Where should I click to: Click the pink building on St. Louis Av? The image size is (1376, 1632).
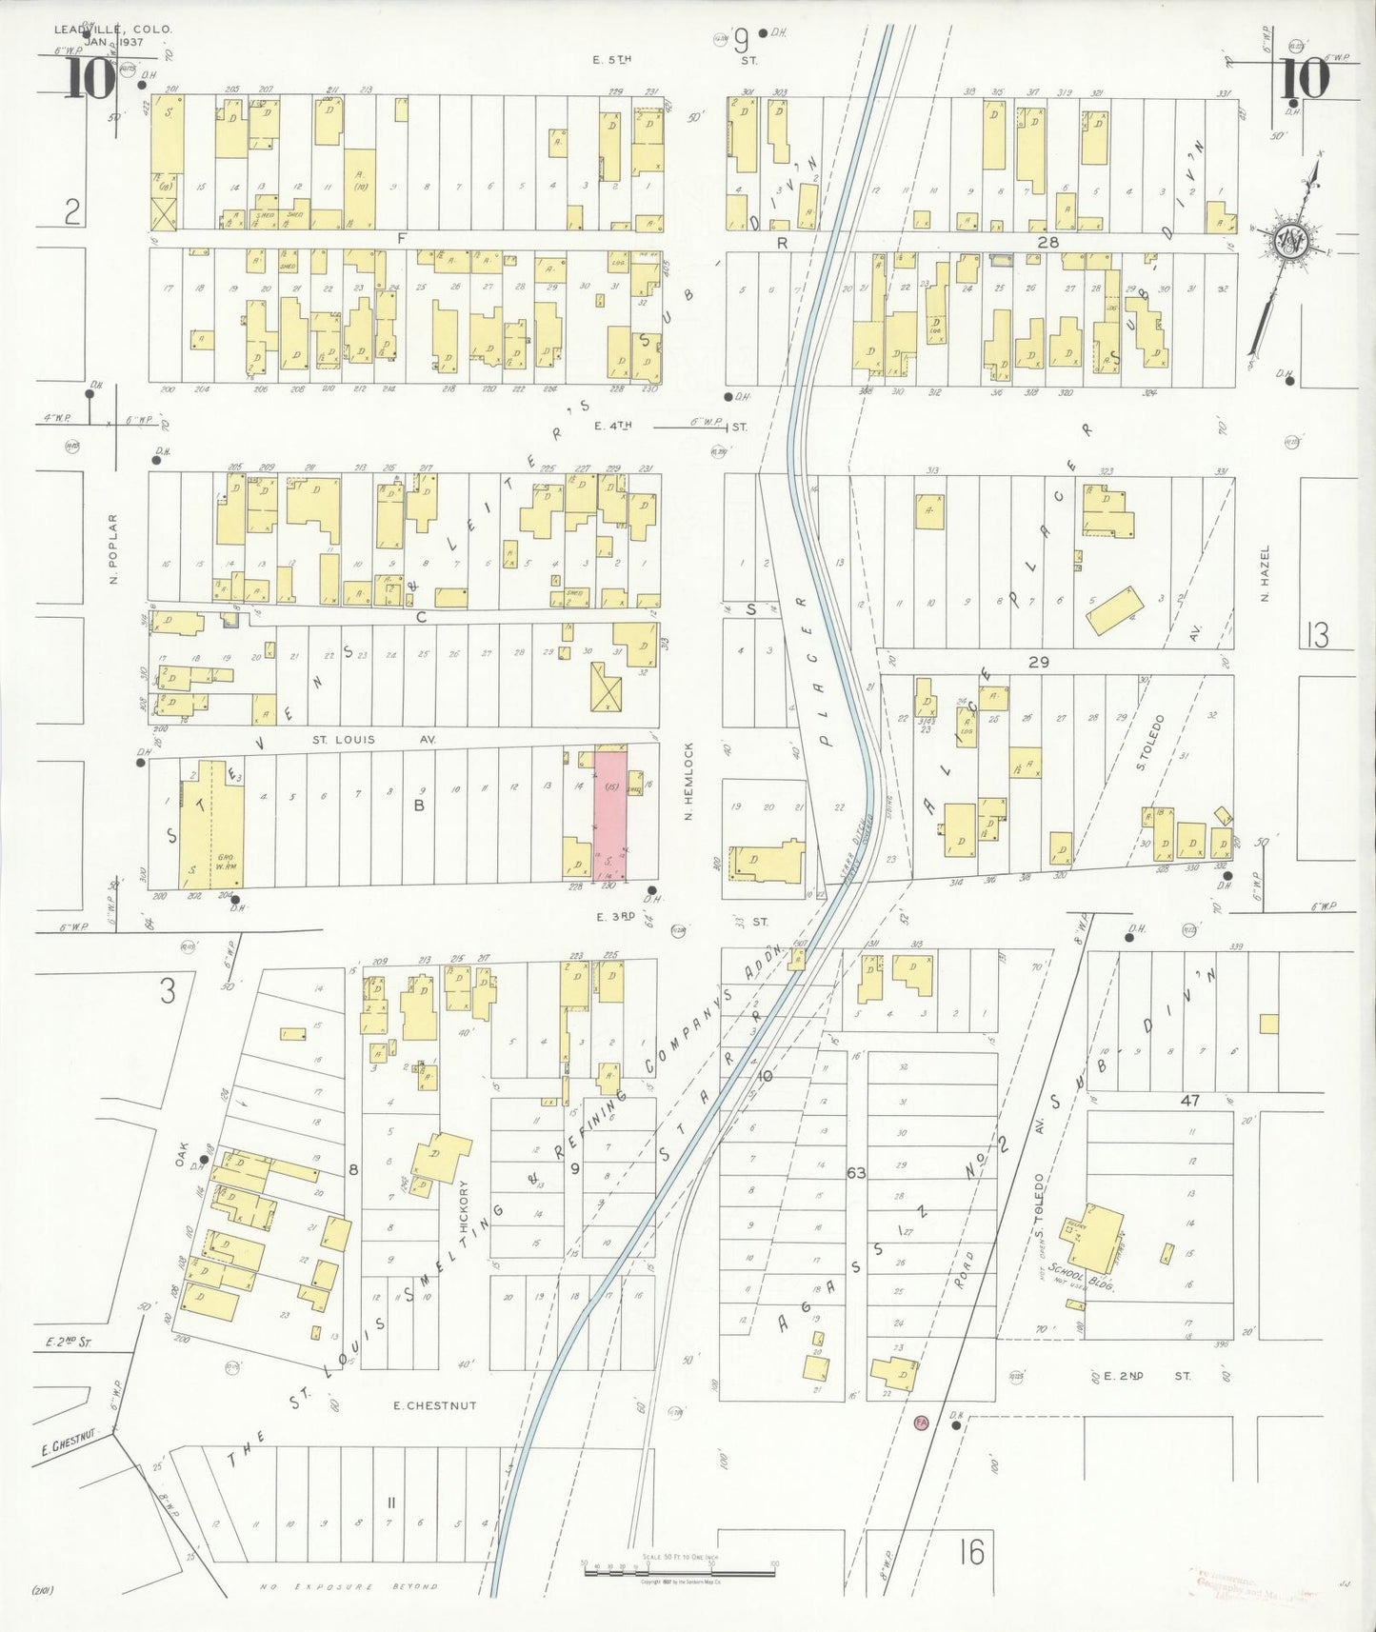(x=610, y=814)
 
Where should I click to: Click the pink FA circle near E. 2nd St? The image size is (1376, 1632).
(x=920, y=1422)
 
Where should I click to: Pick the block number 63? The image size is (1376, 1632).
(x=856, y=1173)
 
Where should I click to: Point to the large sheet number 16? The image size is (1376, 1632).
(x=972, y=1552)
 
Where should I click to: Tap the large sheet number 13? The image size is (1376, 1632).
(x=1317, y=635)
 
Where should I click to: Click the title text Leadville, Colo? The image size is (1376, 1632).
(x=113, y=30)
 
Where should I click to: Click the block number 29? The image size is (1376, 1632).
(x=1038, y=662)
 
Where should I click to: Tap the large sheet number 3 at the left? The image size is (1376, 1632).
(x=168, y=992)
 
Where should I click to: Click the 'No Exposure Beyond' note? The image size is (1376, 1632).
(x=349, y=1586)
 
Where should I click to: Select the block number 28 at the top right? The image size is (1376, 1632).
(x=1047, y=243)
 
